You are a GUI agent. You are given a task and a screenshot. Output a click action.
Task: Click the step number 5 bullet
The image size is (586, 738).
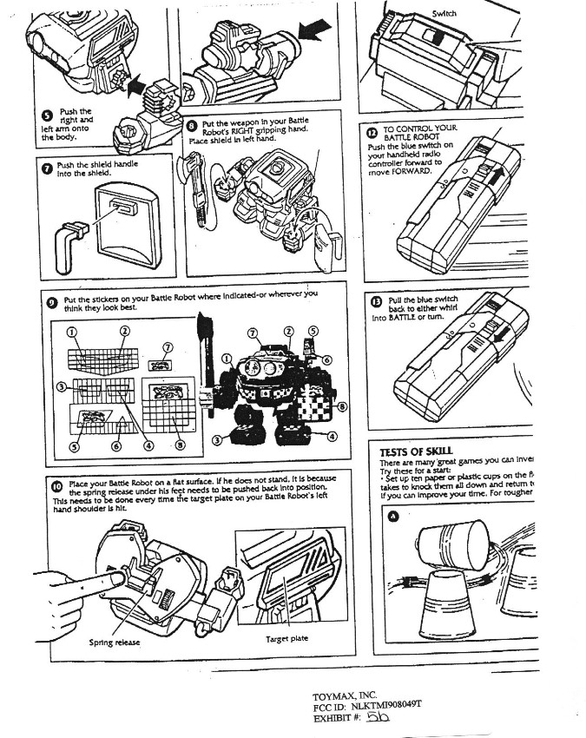point(46,115)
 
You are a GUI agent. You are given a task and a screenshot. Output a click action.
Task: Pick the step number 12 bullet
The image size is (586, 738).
point(372,132)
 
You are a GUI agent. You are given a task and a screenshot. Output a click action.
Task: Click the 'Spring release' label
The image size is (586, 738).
point(114,642)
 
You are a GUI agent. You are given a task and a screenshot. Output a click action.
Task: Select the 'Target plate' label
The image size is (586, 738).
point(287,638)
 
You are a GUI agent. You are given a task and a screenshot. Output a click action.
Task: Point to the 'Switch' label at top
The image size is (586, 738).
point(444,14)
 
